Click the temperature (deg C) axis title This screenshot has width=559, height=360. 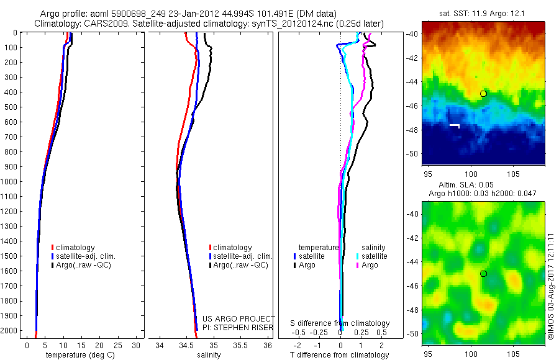click(x=78, y=355)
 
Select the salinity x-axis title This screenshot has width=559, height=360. click(x=209, y=355)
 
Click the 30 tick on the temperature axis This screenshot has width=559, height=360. click(x=137, y=345)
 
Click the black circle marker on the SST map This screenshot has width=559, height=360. click(x=483, y=94)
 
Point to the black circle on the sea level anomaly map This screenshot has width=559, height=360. click(x=483, y=274)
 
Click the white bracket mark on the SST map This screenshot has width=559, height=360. click(x=455, y=126)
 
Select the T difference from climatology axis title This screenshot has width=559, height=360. click(x=339, y=355)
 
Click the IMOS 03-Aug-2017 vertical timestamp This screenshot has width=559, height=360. click(x=552, y=286)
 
